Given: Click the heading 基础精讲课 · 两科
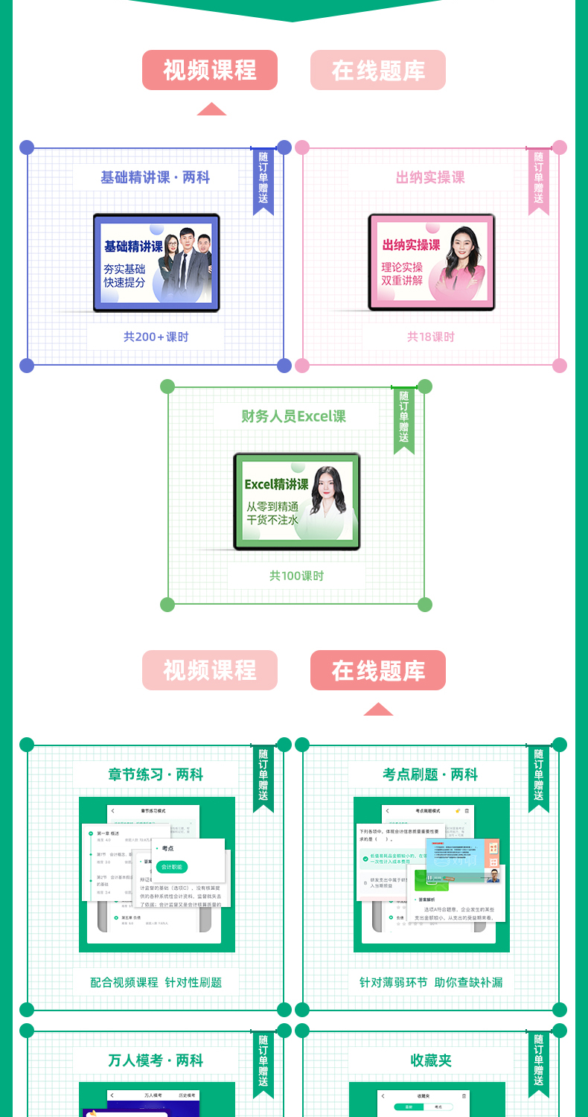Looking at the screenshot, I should tap(156, 178).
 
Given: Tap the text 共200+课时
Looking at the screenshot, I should tap(156, 337).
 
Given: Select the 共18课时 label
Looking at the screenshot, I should tap(431, 337).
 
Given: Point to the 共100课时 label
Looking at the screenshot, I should tap(296, 576).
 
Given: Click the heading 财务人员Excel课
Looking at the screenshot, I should tap(293, 416).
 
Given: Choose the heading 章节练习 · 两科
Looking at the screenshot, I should tap(156, 774).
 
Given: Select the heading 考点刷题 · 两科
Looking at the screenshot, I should tap(430, 774).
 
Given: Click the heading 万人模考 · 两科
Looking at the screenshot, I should tap(156, 1060).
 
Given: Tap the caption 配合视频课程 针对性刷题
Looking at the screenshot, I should tap(156, 982).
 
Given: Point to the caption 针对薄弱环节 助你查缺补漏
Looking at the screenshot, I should tap(431, 982).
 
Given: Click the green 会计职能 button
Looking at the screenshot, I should tap(171, 867).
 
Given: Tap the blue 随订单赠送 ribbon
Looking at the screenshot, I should tap(263, 179).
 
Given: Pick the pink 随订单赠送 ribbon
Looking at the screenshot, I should tap(538, 179).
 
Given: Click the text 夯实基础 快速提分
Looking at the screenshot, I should tap(124, 276).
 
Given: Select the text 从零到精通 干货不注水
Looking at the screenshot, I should tap(272, 513).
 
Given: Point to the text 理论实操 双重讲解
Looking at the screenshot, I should tap(402, 274).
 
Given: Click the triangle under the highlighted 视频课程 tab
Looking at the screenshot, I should tap(211, 109).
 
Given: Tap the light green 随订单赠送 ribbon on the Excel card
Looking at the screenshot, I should tap(403, 418).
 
